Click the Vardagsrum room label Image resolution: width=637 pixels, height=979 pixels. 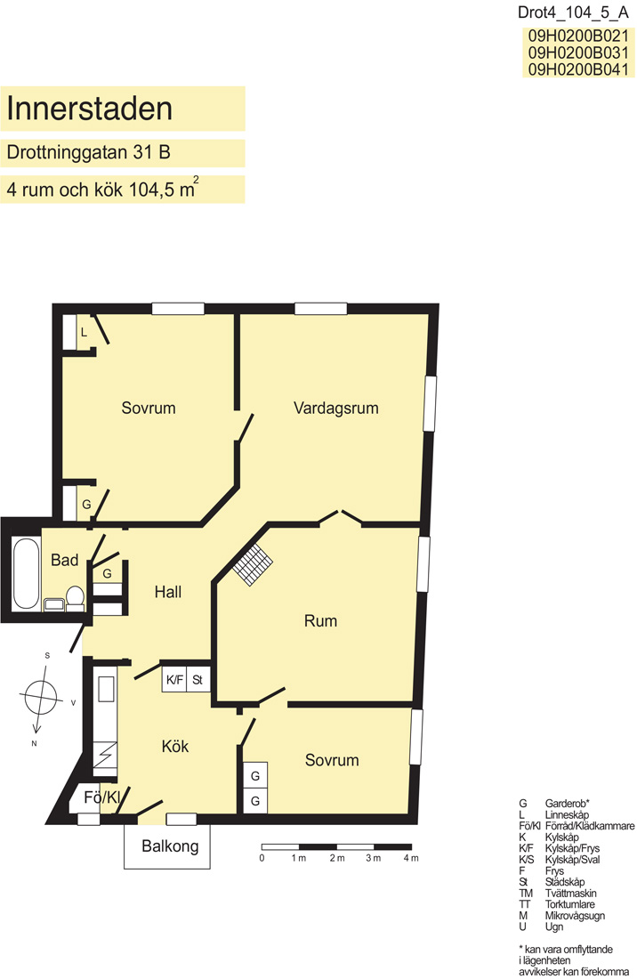[x=335, y=409]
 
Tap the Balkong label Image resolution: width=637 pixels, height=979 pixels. [x=170, y=846]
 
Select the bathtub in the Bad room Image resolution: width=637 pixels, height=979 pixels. [x=26, y=574]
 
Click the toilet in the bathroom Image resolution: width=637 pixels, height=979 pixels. [x=76, y=597]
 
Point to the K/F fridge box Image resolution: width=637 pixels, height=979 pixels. [x=174, y=680]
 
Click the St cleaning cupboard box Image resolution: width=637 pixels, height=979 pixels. [x=198, y=680]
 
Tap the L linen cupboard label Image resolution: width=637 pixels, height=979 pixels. [x=84, y=333]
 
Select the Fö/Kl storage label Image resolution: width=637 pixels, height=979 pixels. [x=101, y=797]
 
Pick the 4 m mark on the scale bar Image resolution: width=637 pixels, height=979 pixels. [x=411, y=859]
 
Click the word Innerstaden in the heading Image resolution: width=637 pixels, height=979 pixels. [x=89, y=109]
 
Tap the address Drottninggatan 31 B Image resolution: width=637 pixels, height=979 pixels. [x=89, y=152]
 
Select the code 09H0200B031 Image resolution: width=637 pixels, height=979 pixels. [x=578, y=53]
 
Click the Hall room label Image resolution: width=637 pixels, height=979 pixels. [x=168, y=592]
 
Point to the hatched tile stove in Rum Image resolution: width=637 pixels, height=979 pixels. [x=253, y=564]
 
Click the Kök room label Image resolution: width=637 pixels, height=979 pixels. [x=174, y=746]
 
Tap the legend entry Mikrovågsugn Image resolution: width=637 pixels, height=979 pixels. [x=575, y=915]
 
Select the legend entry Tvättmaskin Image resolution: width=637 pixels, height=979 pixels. [x=570, y=893]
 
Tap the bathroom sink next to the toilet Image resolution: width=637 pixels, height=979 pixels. [x=54, y=604]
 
